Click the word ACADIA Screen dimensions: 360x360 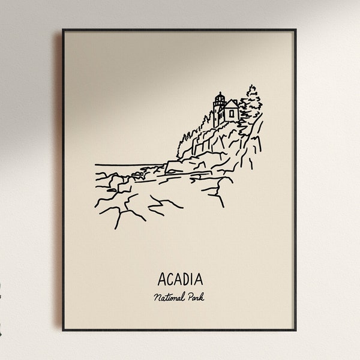click(x=180, y=280)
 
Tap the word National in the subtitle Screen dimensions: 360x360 click(x=170, y=297)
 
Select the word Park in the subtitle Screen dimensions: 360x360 click(x=196, y=297)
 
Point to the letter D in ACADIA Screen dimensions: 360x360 click(x=186, y=280)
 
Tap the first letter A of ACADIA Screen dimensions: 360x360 click(x=162, y=280)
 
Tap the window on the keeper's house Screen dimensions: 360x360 click(x=230, y=113)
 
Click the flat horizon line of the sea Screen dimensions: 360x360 click(x=126, y=164)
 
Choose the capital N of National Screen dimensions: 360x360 click(x=156, y=297)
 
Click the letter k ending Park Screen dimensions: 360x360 click(x=202, y=297)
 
